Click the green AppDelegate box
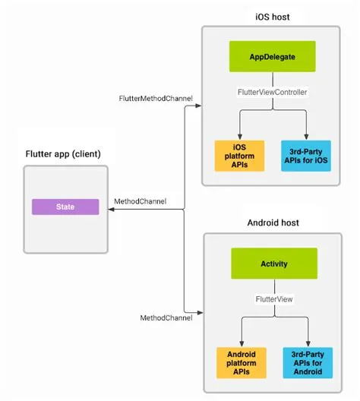272,56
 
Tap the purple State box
65,206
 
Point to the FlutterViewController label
272,92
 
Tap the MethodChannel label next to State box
139,202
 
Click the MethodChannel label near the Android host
166,317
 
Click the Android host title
274,224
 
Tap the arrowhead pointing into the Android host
199,311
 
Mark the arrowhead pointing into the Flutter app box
111,210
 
